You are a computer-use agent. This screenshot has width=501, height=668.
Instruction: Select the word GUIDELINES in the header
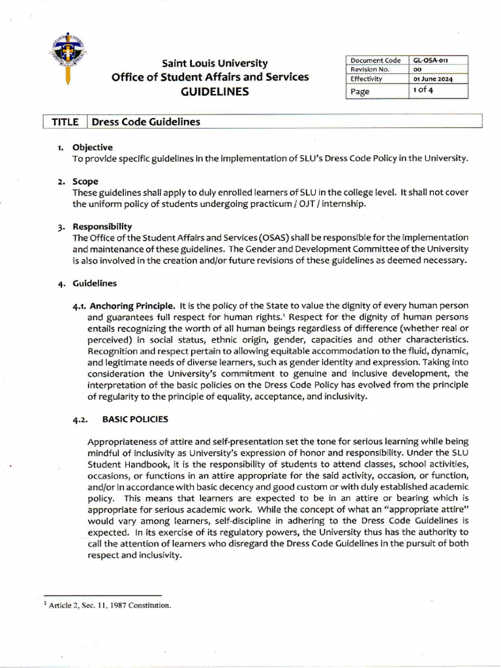(x=215, y=92)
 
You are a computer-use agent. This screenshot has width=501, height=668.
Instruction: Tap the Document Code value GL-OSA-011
(x=431, y=61)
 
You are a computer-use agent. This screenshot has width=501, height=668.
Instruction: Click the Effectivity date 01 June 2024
(x=433, y=79)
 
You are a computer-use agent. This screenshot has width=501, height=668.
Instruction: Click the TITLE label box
(x=65, y=122)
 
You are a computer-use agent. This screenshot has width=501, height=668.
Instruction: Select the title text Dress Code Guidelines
(x=146, y=122)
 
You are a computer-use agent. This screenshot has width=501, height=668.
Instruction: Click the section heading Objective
(x=92, y=147)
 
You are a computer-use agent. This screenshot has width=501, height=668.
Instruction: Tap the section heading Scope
(x=85, y=181)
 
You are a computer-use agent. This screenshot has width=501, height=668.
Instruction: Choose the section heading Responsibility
(x=102, y=226)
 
